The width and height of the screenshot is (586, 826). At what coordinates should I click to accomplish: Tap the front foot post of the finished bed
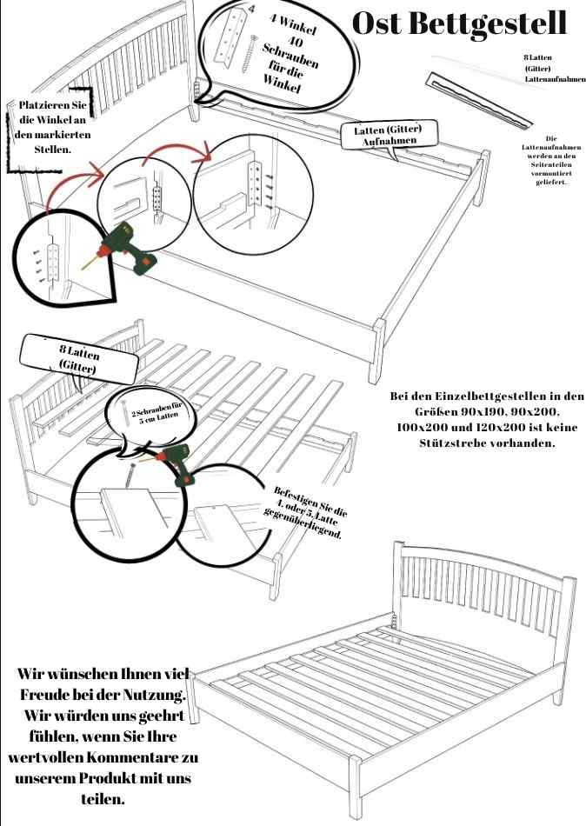pos(355,786)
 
